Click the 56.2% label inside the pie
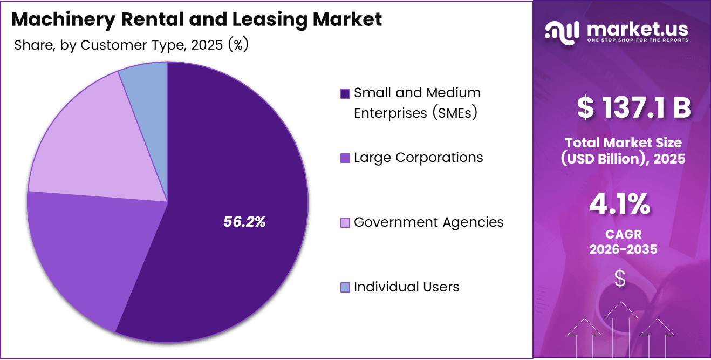(244, 222)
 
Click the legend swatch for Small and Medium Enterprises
(345, 93)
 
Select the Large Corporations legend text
(418, 158)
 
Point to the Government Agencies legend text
(428, 222)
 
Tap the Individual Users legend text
(406, 287)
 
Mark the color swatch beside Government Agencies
(345, 223)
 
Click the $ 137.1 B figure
(633, 107)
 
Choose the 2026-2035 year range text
(623, 249)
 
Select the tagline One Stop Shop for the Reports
(638, 40)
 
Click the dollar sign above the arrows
(620, 279)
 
